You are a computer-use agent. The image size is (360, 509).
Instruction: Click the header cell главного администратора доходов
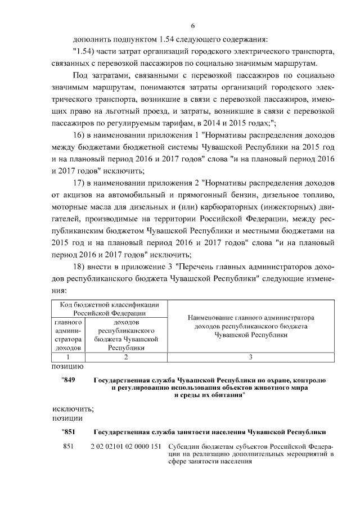(x=69, y=335)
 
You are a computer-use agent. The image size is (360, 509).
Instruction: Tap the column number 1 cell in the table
(x=69, y=357)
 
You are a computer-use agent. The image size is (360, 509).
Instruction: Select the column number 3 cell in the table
(x=250, y=357)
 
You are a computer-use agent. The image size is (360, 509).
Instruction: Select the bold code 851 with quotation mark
(x=68, y=432)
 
